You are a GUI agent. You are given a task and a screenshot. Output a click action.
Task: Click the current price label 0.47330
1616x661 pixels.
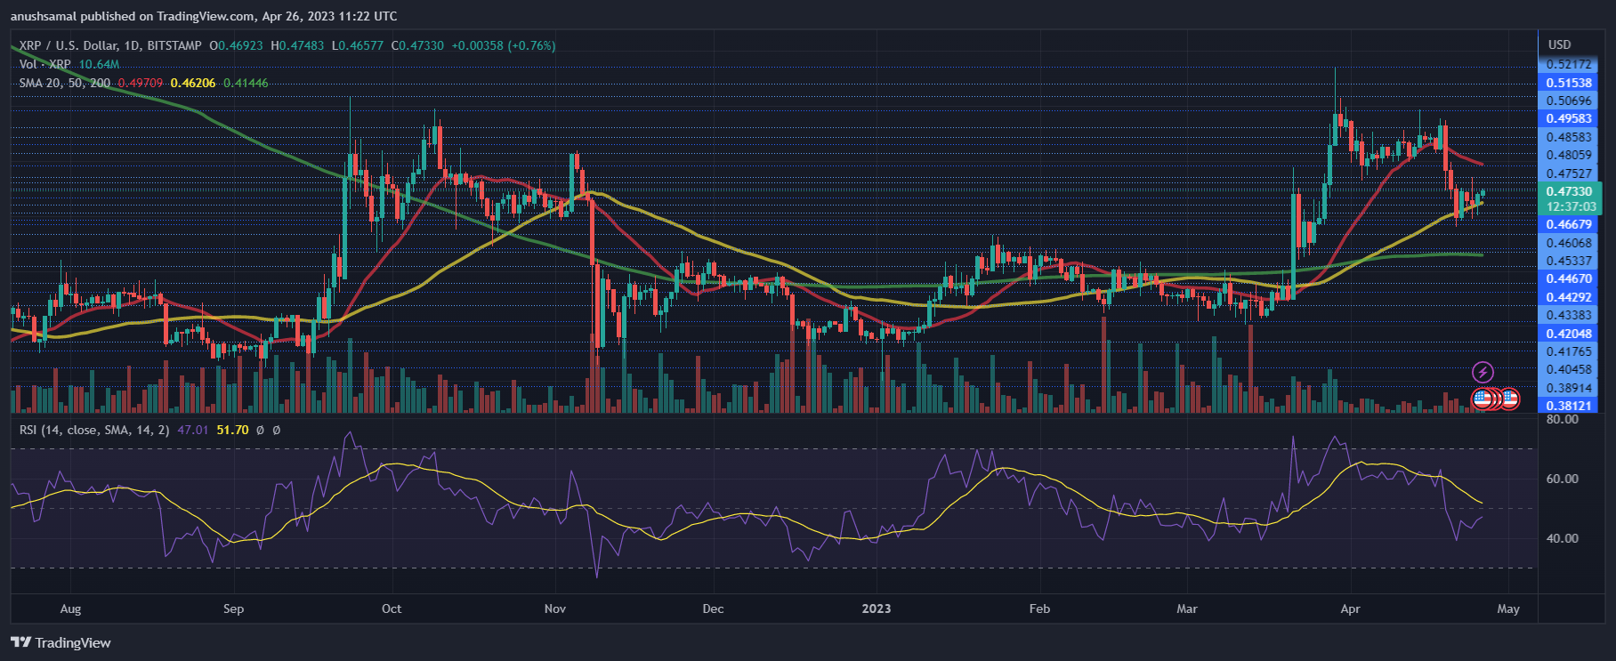(x=1568, y=191)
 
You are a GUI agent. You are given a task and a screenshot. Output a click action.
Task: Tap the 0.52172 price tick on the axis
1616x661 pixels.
(x=1568, y=64)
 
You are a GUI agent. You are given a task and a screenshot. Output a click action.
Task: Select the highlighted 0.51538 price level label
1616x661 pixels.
(x=1568, y=83)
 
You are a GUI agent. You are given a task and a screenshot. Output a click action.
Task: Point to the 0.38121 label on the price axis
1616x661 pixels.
(x=1568, y=406)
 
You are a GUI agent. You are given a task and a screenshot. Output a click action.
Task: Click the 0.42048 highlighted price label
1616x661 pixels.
(x=1568, y=334)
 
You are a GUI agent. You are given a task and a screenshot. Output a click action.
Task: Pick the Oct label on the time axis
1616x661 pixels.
(x=391, y=609)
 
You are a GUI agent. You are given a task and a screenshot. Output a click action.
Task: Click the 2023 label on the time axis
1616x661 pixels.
(x=876, y=609)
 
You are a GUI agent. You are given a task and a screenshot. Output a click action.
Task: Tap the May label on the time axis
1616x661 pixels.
(x=1507, y=609)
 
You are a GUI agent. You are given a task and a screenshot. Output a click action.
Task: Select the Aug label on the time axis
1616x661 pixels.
(x=70, y=609)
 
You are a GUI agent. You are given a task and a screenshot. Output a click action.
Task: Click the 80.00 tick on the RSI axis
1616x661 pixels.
(x=1563, y=419)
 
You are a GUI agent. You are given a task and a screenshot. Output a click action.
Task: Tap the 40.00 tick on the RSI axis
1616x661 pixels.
(x=1563, y=538)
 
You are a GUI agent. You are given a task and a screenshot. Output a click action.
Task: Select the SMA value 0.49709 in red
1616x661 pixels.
(x=141, y=83)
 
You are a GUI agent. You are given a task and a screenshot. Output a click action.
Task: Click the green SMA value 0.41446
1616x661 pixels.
(x=246, y=83)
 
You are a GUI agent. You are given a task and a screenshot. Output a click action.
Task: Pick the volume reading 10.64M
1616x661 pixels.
(x=99, y=64)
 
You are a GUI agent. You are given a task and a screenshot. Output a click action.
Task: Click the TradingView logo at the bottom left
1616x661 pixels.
(x=61, y=642)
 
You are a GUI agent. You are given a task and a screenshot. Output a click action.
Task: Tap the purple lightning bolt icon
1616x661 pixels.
(x=1483, y=372)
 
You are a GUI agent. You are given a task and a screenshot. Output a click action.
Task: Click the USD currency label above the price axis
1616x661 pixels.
(x=1559, y=44)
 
